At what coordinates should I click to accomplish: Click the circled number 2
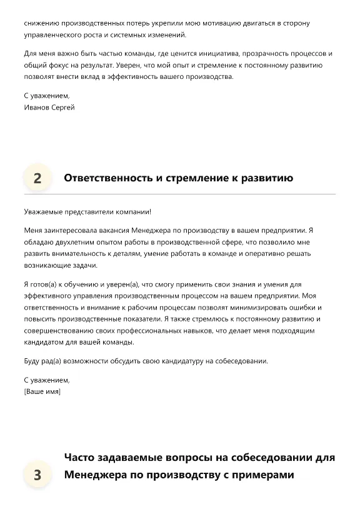pos(37,178)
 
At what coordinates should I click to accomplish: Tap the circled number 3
pos(37,475)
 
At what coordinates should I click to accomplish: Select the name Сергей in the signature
pos(62,108)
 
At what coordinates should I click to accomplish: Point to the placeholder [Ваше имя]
pos(42,391)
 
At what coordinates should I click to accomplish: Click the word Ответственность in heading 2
pos(108,178)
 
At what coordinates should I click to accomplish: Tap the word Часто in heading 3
pos(80,458)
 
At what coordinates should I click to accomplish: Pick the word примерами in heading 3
pos(264,475)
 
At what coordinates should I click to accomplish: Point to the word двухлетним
pos(73,242)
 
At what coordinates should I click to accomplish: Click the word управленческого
pos(55,35)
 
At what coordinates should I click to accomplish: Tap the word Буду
pos(32,361)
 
